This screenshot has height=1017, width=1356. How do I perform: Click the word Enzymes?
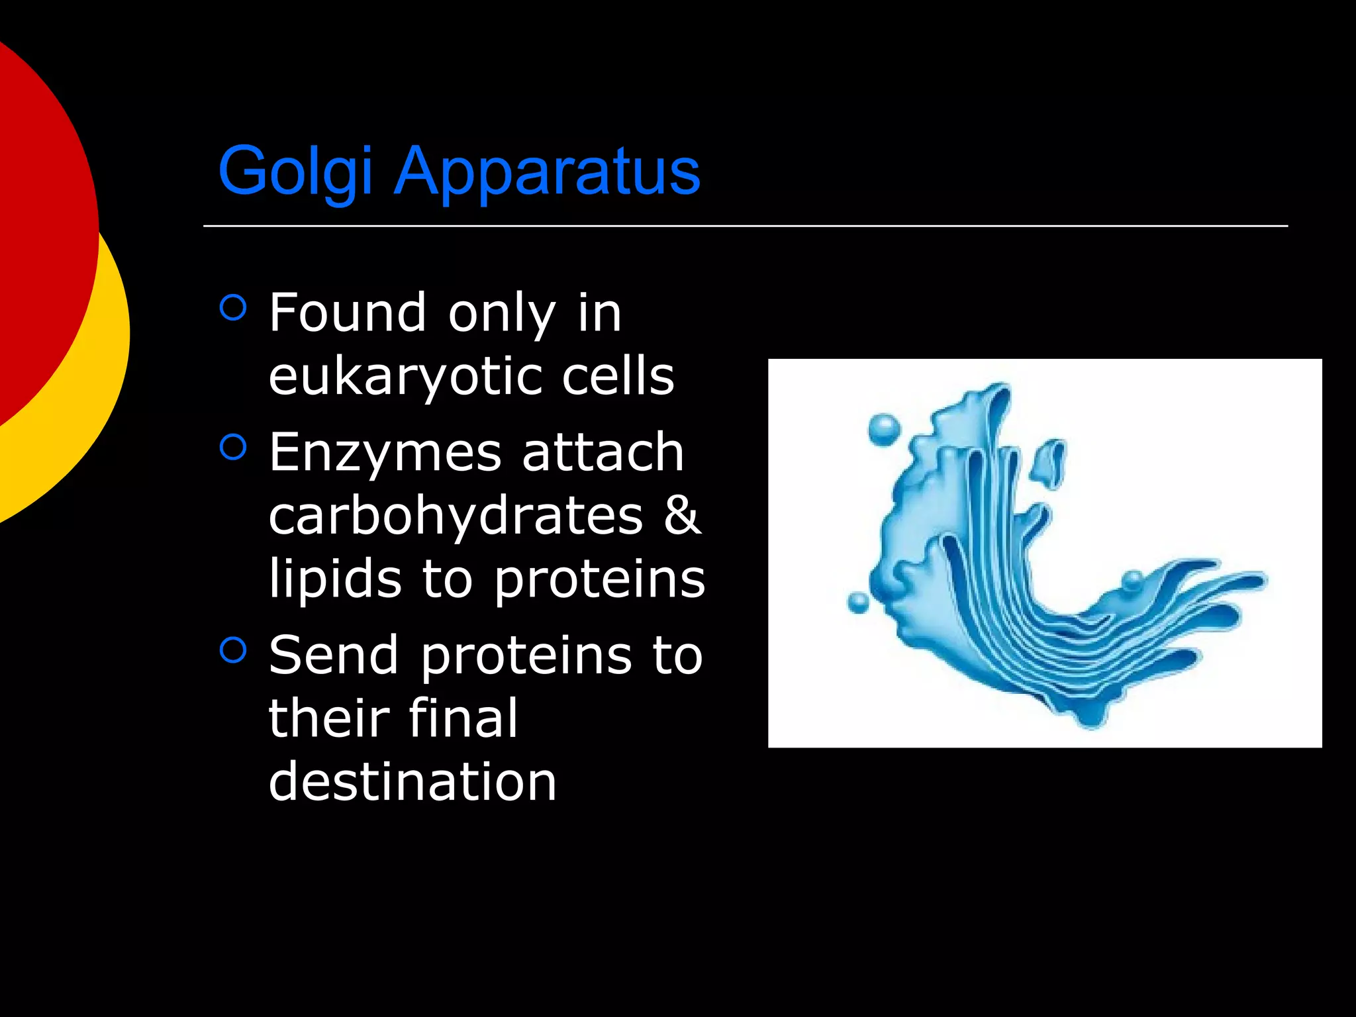tap(385, 452)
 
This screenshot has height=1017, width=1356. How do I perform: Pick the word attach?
tap(603, 452)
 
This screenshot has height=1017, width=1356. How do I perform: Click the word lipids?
tap(335, 579)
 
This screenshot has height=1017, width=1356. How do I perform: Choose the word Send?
tap(333, 655)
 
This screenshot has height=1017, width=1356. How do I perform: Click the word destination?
tap(412, 782)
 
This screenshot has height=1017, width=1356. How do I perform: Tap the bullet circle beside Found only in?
tap(233, 307)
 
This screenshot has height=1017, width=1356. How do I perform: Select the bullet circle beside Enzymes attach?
tap(233, 447)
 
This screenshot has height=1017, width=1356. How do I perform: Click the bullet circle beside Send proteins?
tap(233, 650)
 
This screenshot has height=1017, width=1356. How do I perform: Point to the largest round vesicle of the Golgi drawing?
tap(884, 430)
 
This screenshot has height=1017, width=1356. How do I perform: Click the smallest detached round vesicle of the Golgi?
tap(859, 603)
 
